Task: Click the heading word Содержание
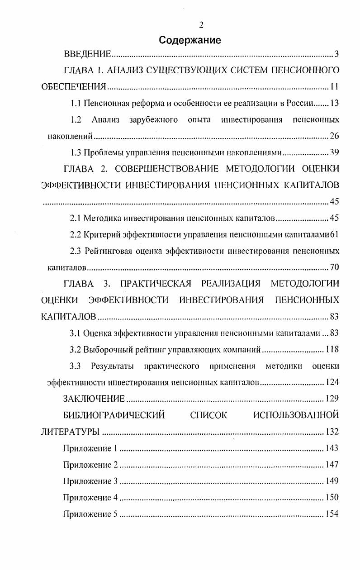pos(190,40)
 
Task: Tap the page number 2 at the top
pos(201,25)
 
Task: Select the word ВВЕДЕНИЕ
pos(87,55)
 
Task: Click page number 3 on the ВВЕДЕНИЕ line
pos(336,55)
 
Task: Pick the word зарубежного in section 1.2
pos(157,119)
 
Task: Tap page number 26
pos(334,136)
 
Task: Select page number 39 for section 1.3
pos(334,152)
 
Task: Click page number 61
pos(335,234)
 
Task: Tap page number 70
pos(334,267)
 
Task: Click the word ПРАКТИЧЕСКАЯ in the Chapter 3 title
pos(155,284)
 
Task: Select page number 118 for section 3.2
pos(332,349)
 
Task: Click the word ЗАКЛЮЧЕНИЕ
pos(94,399)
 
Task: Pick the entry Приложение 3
pos(90,480)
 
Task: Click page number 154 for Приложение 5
pos(332,514)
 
